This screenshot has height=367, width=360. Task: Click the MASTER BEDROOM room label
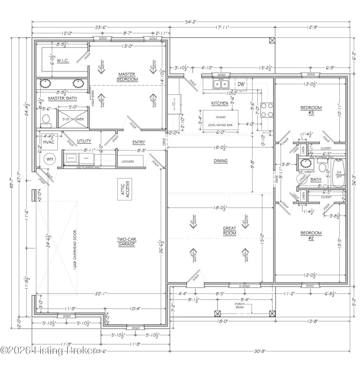pos(127,77)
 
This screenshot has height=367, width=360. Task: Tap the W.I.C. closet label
pos(63,61)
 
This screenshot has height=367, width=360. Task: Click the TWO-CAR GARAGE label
pos(127,242)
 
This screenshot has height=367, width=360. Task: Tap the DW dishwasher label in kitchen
pos(241,84)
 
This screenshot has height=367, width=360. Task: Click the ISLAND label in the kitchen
pos(221,117)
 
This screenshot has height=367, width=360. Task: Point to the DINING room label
pos(220,161)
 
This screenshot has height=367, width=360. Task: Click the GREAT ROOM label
pos(229,231)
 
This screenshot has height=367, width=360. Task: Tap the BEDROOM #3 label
pos(311,110)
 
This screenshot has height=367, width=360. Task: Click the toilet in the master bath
pos(46,121)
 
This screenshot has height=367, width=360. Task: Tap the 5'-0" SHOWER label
pos(73,119)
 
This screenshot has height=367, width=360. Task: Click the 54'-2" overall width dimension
pos(191,22)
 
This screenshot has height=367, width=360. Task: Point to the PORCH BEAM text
pos(240,306)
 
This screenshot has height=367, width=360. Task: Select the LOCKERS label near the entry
pos(128,162)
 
